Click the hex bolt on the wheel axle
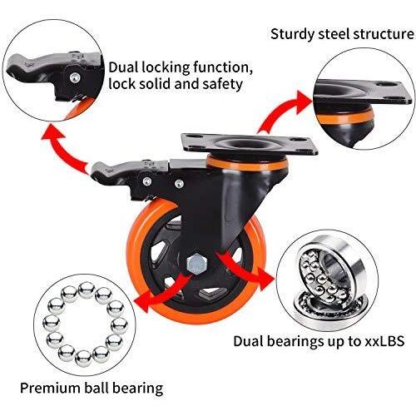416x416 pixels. click(196, 264)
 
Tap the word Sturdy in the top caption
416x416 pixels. click(292, 35)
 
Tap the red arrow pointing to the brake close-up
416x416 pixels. click(65, 151)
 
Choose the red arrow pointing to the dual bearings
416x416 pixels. click(244, 266)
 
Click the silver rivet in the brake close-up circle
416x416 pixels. click(75, 77)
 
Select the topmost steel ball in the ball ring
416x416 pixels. click(87, 290)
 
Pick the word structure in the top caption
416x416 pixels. click(384, 35)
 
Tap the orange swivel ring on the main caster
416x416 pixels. click(247, 164)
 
